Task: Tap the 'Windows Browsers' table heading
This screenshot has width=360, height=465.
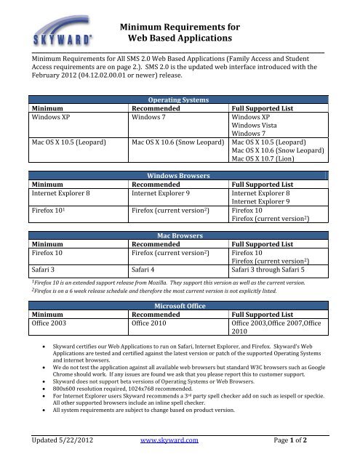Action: point(180,176)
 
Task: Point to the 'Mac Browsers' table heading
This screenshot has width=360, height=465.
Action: point(180,235)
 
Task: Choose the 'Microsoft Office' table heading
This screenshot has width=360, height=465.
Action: point(179,306)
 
